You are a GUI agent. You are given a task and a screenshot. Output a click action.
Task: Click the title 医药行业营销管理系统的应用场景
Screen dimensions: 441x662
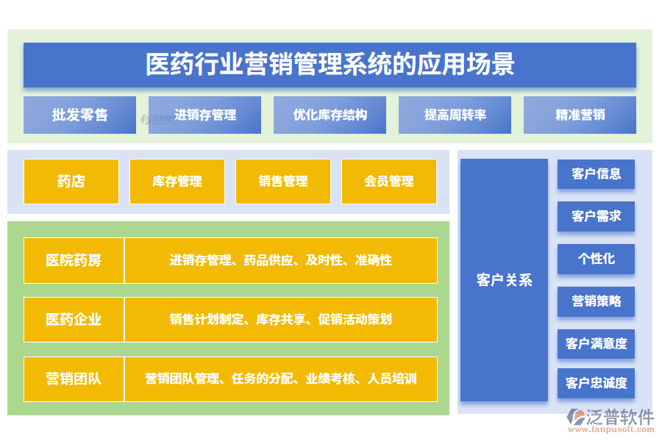tap(330, 65)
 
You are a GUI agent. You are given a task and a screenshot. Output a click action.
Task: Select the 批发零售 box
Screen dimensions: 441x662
tap(79, 115)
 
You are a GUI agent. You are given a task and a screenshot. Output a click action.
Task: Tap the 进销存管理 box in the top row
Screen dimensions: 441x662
tap(204, 115)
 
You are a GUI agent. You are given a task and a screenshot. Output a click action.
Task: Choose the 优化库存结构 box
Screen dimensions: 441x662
tap(330, 115)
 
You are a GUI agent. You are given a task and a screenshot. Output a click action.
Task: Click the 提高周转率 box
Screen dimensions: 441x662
tap(455, 115)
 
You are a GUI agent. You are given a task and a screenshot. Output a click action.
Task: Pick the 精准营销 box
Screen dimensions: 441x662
tap(580, 115)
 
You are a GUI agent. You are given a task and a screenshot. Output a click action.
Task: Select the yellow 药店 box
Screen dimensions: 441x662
tap(71, 182)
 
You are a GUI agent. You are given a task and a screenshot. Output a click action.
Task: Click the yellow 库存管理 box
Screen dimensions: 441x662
tap(177, 182)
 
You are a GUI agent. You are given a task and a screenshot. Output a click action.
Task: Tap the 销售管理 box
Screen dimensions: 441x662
tap(283, 182)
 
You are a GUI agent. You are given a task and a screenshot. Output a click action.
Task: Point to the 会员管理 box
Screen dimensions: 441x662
tap(389, 182)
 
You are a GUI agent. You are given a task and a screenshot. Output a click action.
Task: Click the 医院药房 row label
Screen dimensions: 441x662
tap(74, 260)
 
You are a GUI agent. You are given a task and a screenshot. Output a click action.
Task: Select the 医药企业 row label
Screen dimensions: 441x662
tap(74, 320)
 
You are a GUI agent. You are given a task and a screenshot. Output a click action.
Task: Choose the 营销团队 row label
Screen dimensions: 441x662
tap(74, 379)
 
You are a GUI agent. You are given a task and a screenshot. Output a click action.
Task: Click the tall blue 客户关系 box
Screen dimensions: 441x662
tap(504, 280)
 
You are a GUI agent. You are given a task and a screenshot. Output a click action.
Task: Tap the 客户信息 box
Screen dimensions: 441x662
tap(596, 174)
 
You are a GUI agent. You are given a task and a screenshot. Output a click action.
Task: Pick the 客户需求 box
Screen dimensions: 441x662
tap(596, 217)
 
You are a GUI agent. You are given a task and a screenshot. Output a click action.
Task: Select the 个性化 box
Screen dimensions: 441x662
tap(596, 259)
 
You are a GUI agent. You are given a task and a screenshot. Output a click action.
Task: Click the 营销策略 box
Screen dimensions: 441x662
tap(596, 301)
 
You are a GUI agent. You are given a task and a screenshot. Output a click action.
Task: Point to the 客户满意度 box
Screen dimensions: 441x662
tap(596, 343)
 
